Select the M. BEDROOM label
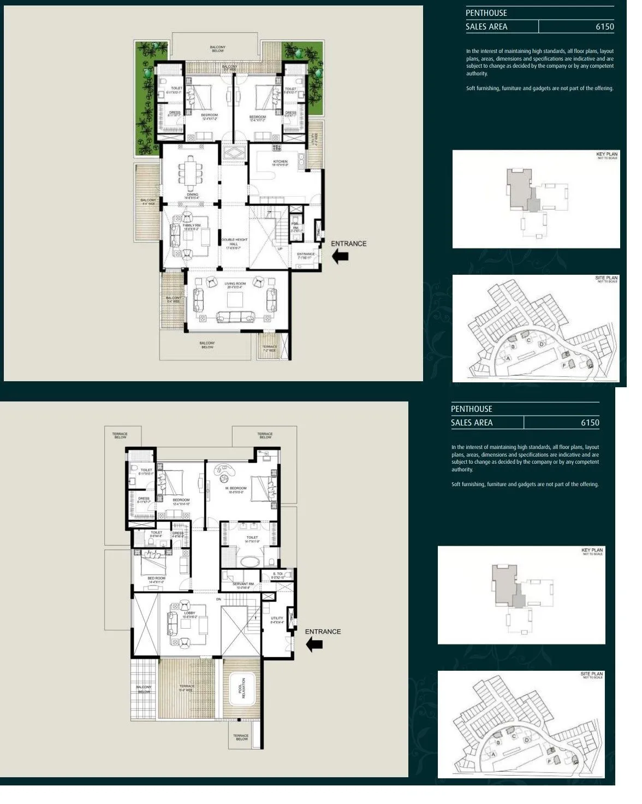(235, 489)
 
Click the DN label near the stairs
(218, 599)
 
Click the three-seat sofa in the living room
(235, 317)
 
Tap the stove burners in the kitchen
(277, 147)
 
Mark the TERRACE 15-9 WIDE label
(187, 688)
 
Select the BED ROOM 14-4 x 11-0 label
(156, 580)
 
